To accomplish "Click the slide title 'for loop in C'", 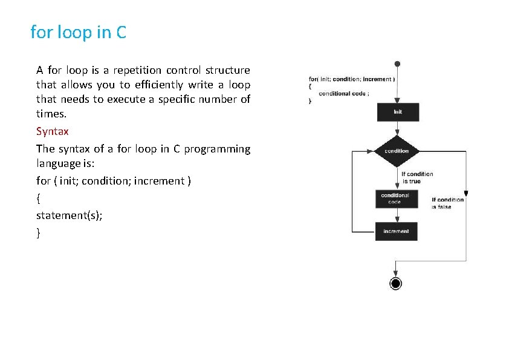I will [79, 32].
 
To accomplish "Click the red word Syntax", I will [53, 131].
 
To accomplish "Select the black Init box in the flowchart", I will [397, 112].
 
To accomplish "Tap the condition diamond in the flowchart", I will [396, 151].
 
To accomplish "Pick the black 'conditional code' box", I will [395, 198].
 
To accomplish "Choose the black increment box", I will [396, 231].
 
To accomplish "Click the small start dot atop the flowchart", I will [397, 63].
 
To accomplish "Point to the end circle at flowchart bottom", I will [395, 283].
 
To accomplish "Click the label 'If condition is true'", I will [417, 177].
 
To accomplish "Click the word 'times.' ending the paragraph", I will [51, 114].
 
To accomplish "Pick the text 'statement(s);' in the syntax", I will [69, 215].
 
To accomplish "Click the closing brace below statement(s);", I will [38, 232].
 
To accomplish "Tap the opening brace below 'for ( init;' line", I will [38, 198].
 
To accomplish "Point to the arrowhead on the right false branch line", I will [466, 194].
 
